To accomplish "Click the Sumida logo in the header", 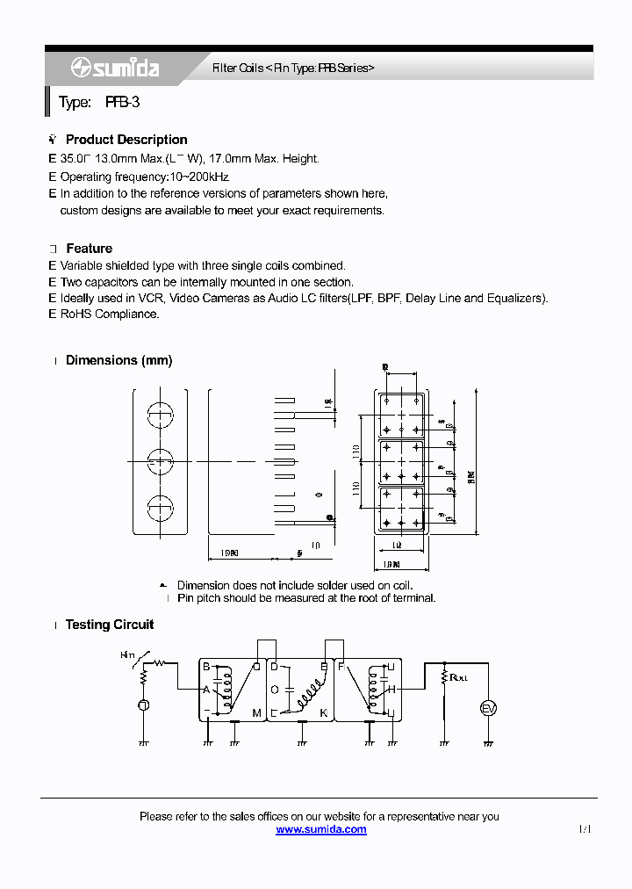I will pos(115,68).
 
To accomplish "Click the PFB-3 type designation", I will pos(122,103).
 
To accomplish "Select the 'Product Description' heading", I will pos(126,140).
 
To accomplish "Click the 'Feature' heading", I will pos(89,249).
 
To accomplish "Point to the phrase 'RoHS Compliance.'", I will pos(110,314).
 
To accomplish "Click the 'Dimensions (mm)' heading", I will pos(118,360).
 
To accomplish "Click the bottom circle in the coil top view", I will pos(159,508).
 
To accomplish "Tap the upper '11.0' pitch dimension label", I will pos(356,452).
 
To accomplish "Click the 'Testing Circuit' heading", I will pos(110,625).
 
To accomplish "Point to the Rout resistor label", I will pos(458,677).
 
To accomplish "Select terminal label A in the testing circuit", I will pos(206,690).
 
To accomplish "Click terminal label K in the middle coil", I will pos(323,712).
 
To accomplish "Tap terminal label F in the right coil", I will pos(341,668).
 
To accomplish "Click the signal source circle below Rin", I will pos(143,705).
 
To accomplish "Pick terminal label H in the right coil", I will pos(392,689).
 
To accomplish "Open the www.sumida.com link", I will pos(320,829).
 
